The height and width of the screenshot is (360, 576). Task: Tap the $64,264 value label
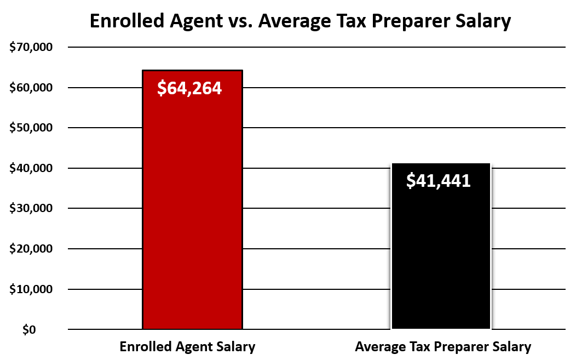(189, 88)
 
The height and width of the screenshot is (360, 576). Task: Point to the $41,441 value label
(439, 181)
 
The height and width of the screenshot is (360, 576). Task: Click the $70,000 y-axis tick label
(31, 48)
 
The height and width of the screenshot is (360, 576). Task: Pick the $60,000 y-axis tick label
(31, 88)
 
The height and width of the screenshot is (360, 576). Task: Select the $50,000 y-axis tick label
(31, 128)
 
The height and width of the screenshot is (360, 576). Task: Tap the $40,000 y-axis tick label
(31, 168)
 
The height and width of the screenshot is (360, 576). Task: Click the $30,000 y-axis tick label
(31, 209)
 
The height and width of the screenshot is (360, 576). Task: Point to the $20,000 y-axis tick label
(31, 249)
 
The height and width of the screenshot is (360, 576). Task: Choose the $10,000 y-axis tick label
(31, 289)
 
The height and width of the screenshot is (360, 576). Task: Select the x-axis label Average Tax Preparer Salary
(443, 347)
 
